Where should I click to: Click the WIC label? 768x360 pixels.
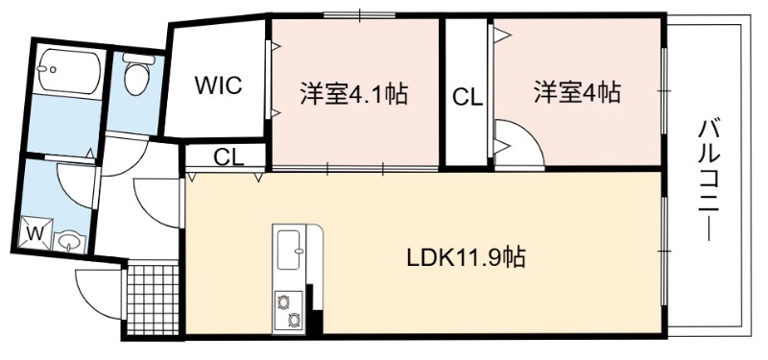[219, 85]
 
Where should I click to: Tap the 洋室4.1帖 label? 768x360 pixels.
[353, 93]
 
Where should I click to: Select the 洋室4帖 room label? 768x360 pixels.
[577, 91]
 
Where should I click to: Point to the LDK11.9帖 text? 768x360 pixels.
[467, 257]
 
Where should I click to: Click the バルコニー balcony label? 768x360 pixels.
[708, 181]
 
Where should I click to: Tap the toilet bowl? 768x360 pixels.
[135, 79]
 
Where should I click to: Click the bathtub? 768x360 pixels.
[69, 71]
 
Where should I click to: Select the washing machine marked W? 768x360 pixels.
[36, 232]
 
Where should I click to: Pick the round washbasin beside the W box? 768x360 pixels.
[69, 241]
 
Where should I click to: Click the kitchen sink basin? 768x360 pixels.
[289, 250]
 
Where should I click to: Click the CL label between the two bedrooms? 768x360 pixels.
[468, 97]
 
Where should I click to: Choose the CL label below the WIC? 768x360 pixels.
[228, 157]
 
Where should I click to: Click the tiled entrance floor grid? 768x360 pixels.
[153, 300]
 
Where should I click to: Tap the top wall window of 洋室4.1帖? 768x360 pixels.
[359, 15]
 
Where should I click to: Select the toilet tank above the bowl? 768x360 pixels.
[138, 59]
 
